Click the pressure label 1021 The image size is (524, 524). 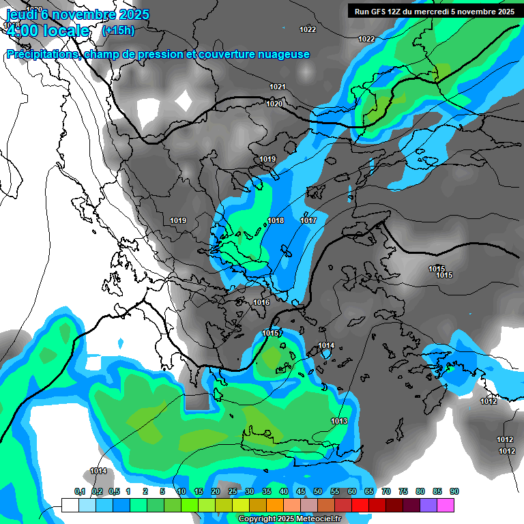pyautogui.click(x=277, y=87)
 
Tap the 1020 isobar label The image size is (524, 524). pyautogui.click(x=274, y=104)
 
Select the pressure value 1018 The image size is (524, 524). pyautogui.click(x=276, y=220)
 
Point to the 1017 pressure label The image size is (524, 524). pyautogui.click(x=308, y=220)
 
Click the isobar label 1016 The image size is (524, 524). pyautogui.click(x=261, y=302)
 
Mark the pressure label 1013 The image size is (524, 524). pyautogui.click(x=339, y=421)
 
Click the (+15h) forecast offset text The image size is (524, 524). pyautogui.click(x=118, y=30)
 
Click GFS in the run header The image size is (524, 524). pyautogui.click(x=379, y=12)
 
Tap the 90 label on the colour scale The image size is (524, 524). pyautogui.click(x=454, y=491)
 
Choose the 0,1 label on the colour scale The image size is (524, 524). pyautogui.click(x=80, y=491)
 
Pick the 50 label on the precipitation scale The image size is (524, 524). pyautogui.click(x=318, y=491)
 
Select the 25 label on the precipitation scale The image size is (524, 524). pyautogui.click(x=233, y=491)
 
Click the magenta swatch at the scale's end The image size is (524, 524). pyautogui.click(x=446, y=505)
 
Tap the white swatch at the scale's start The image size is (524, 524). pyautogui.click(x=70, y=505)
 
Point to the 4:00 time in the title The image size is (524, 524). pyautogui.click(x=21, y=31)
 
